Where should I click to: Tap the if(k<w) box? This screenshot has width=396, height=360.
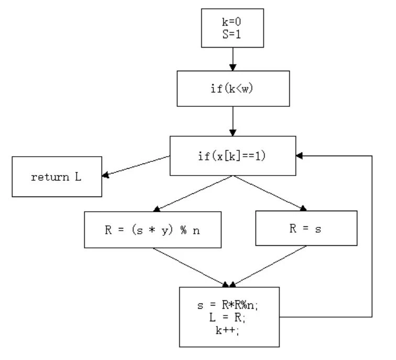(233, 88)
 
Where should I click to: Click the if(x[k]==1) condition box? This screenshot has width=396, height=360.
(233, 156)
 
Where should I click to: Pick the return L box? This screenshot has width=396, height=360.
(57, 177)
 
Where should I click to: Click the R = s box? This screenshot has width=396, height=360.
(306, 228)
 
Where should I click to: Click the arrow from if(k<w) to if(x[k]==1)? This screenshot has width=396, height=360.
(233, 123)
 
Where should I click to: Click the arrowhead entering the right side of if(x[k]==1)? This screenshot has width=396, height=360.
(300, 156)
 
